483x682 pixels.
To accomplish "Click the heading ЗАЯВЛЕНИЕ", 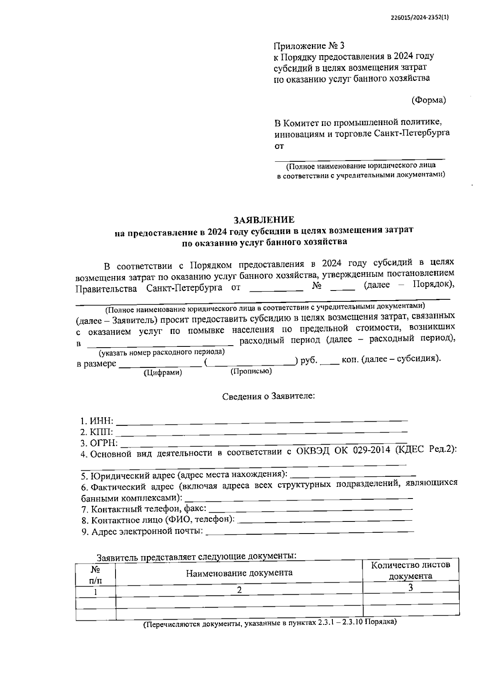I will click(x=264, y=220).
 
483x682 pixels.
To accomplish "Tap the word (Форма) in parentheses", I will click(x=429, y=100).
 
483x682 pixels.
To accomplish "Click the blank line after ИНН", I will click(x=262, y=420).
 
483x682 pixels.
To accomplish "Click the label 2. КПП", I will click(x=97, y=433).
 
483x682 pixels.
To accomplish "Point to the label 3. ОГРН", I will click(x=99, y=443).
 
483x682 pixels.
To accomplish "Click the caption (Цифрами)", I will click(x=163, y=373).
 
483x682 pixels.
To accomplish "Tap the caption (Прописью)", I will click(x=251, y=371).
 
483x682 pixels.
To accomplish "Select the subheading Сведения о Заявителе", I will click(x=268, y=396).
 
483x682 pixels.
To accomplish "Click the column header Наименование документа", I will click(x=239, y=573).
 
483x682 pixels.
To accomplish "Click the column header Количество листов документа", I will click(x=411, y=571).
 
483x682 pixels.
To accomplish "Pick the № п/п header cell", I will click(x=95, y=575).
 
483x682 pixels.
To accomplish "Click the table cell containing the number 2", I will click(x=239, y=590).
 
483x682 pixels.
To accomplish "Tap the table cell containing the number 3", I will click(x=411, y=587).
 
